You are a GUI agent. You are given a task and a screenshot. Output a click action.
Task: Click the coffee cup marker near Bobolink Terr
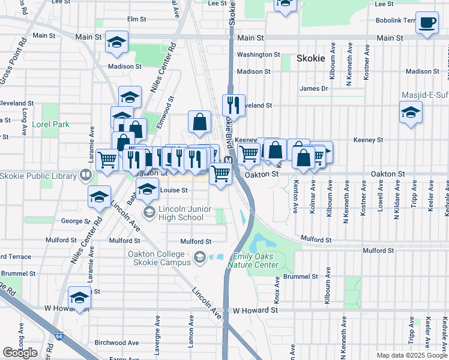tap(427, 23)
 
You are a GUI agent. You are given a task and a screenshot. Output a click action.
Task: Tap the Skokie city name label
tap(310, 59)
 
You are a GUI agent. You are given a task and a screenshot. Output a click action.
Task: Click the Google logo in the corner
tap(20, 353)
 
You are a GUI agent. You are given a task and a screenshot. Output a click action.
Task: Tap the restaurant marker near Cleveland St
tap(234, 105)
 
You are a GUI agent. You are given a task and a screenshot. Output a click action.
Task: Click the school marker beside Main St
tap(117, 42)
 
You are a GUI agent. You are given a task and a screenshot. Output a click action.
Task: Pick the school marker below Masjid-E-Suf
tap(411, 112)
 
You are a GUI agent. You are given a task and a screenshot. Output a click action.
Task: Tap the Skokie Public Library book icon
tap(86, 176)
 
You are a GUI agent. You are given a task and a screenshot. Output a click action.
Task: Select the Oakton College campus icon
tap(199, 258)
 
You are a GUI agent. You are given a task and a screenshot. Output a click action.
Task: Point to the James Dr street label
tap(313, 88)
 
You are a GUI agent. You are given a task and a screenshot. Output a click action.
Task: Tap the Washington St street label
tap(258, 55)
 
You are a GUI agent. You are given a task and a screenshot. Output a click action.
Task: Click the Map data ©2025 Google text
tap(411, 355)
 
